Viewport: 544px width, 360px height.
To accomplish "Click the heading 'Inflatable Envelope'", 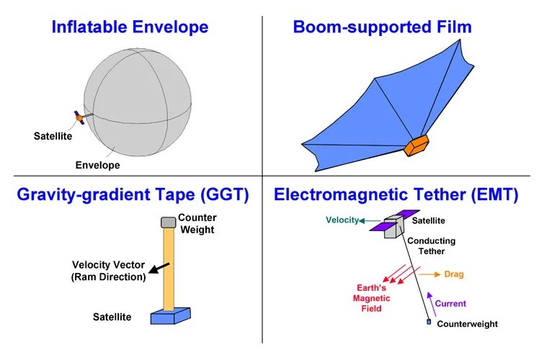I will pos(130,28).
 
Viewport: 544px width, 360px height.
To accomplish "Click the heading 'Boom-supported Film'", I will pos(382,28).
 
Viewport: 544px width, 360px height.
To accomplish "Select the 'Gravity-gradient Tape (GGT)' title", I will pos(133,194).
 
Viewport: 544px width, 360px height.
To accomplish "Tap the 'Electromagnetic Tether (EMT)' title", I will pos(396,194).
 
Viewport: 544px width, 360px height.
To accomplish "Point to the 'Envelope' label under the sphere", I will pos(97,165).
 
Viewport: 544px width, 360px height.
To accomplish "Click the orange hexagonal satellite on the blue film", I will pos(416,145).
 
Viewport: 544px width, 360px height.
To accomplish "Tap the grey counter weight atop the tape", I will pos(169,222).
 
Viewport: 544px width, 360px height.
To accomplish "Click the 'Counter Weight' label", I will pos(197,223).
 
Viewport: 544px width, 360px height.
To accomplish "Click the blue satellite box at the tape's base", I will pos(170,315).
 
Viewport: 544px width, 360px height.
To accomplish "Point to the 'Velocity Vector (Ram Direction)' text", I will pos(108,270).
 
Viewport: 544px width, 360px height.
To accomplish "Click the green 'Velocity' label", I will pos(342,220).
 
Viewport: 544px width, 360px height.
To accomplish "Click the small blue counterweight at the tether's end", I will pos(429,322).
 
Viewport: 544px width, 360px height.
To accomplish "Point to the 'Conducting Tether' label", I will pos(431,246).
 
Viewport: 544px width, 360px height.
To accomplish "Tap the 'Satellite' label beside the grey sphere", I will pos(51,135).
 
